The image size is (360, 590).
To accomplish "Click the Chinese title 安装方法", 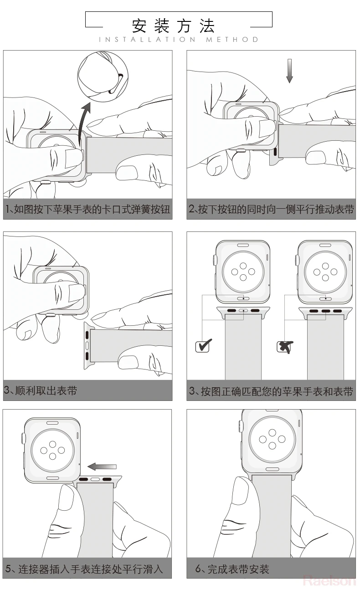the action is pos(174,26).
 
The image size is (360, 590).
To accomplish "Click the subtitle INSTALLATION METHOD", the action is pos(179,40).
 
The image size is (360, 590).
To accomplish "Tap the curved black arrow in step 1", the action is pos(83,124).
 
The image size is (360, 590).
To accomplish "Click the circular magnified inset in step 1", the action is pos(103,77).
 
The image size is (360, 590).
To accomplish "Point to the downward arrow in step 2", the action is pos(289,71).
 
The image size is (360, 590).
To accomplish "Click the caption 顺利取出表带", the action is pos(46,390).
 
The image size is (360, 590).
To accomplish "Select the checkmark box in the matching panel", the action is pos(203,345).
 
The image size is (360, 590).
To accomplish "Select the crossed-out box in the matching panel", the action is pos(285,347).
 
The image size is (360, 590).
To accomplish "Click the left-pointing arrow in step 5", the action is pos(102,467).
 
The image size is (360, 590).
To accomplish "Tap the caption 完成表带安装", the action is pos(238,569).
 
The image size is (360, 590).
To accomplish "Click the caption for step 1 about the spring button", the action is pos(87,210).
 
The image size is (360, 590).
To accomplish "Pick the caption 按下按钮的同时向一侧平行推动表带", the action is pos(271,210).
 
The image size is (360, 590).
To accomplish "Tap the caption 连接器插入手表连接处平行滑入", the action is pos(84,569).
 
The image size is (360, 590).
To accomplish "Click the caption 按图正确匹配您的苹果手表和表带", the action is pos(271,391).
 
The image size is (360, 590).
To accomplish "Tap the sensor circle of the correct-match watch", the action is pos(243,272).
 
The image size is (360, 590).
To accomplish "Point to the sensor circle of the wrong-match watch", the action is pos(325,272).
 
